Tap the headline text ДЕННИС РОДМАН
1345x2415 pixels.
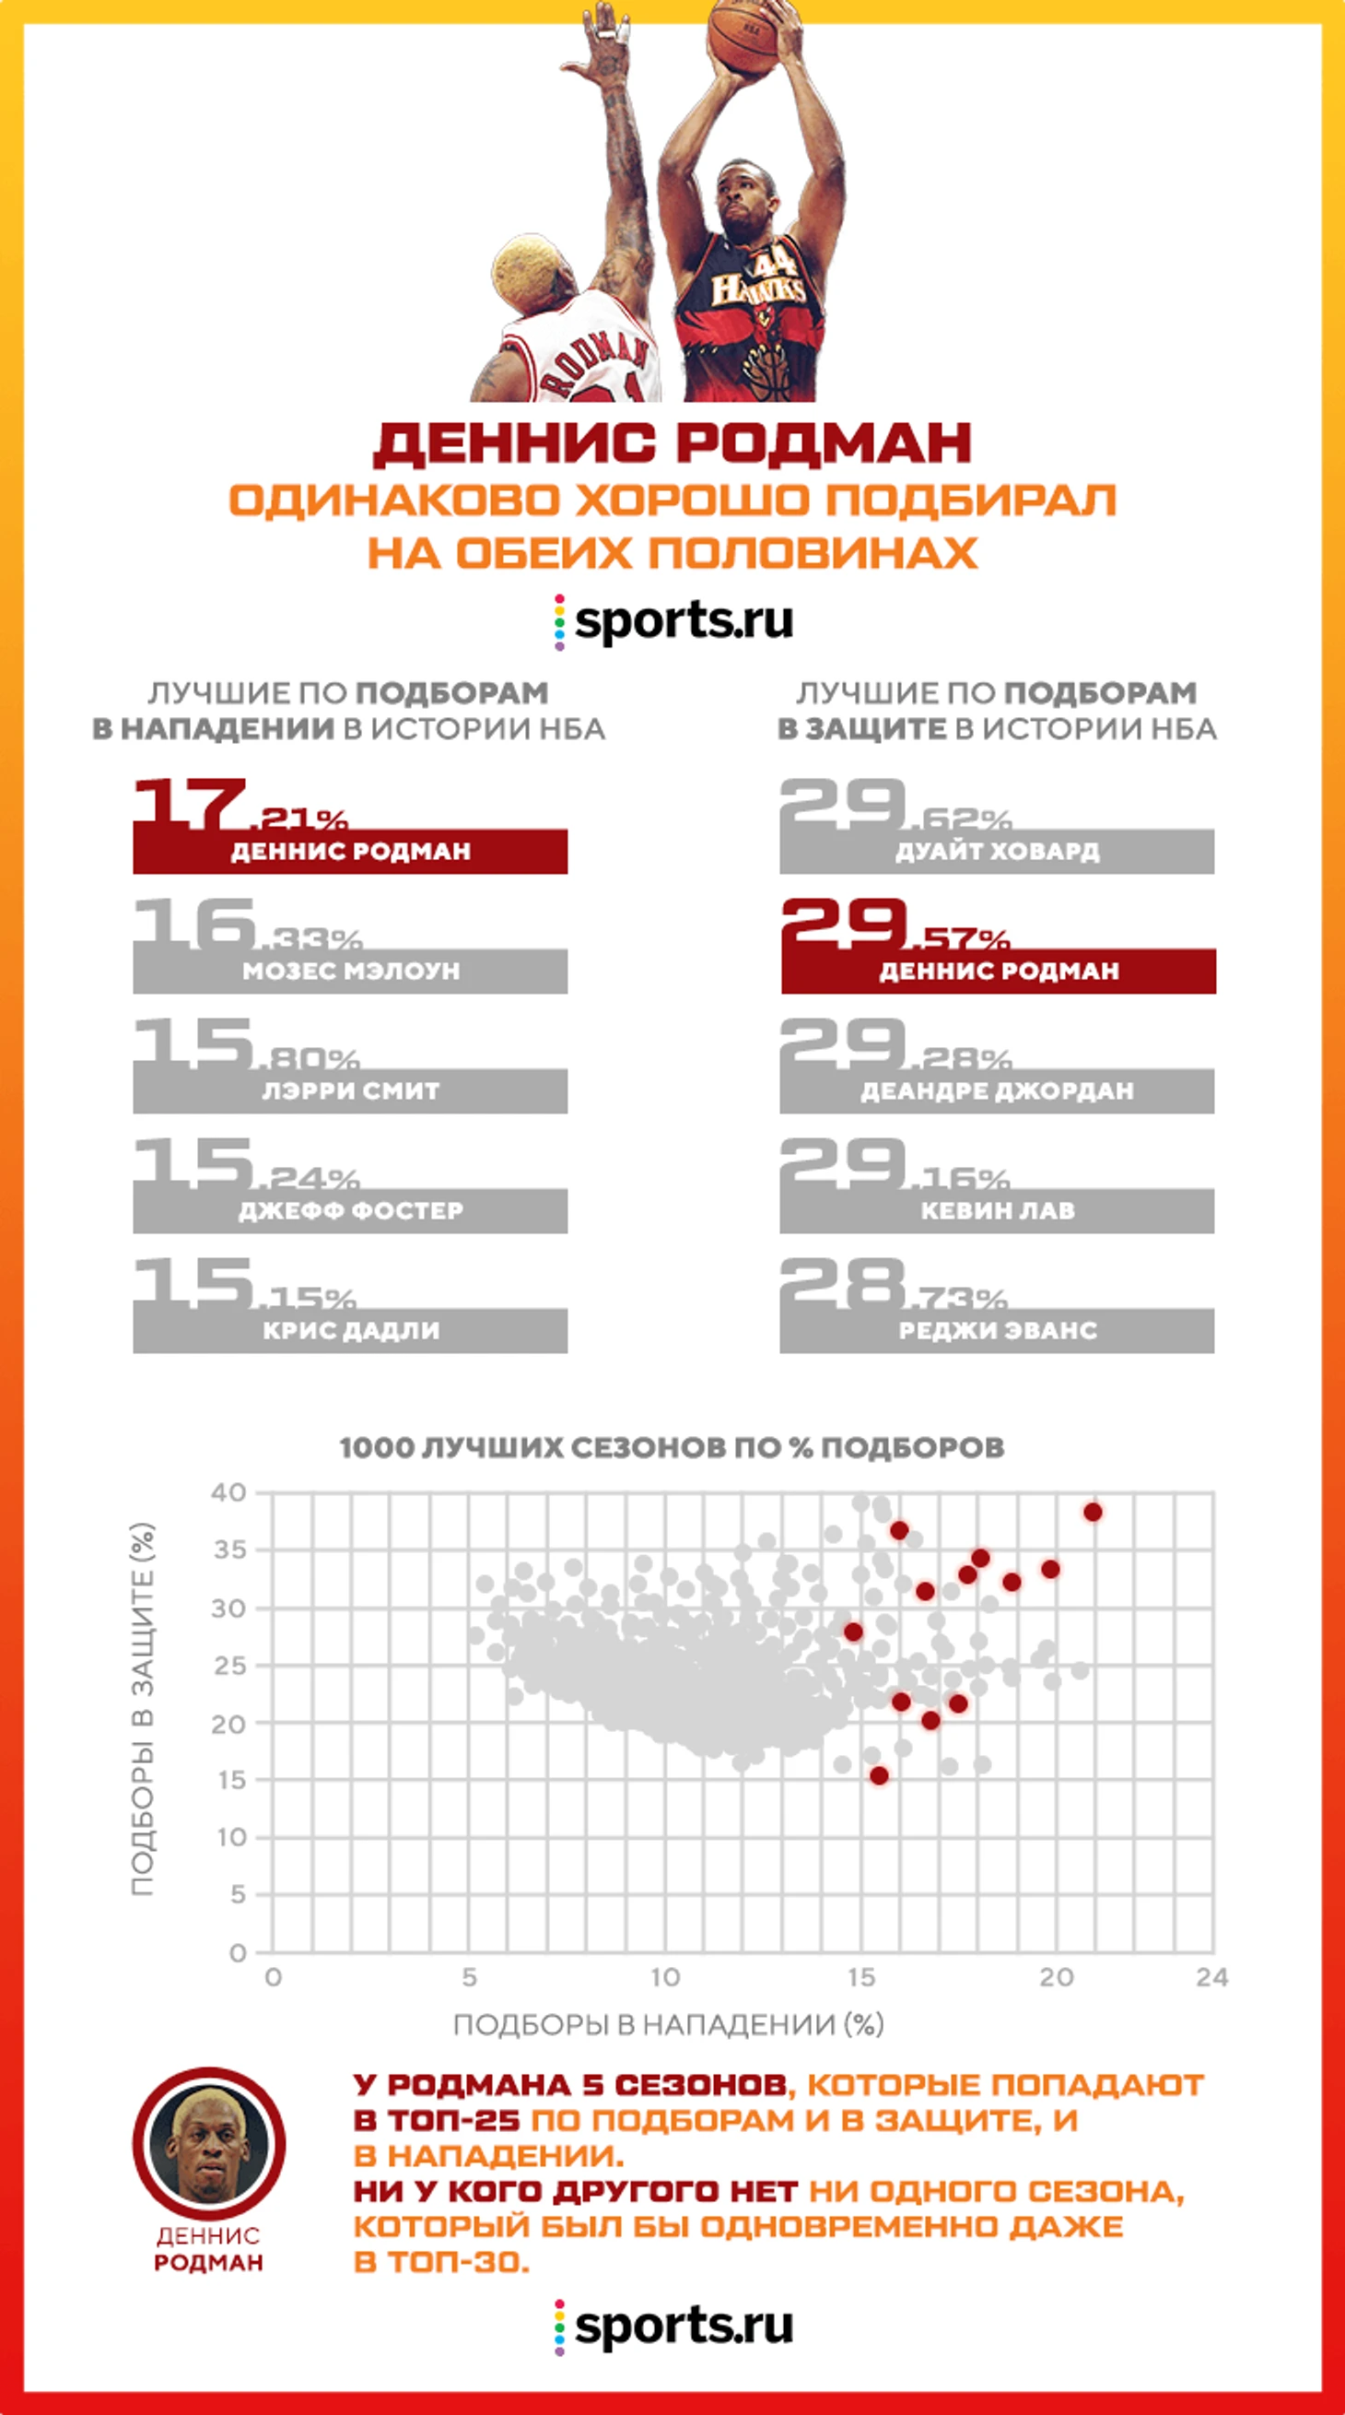pyautogui.click(x=672, y=442)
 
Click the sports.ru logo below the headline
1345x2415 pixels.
pyautogui.click(x=673, y=620)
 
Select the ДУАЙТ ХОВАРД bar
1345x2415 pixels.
pyautogui.click(x=997, y=852)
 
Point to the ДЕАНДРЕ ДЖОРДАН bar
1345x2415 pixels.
pyautogui.click(x=997, y=1090)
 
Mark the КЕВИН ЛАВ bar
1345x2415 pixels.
pyautogui.click(x=997, y=1210)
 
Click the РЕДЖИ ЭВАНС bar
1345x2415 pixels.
pyautogui.click(x=997, y=1330)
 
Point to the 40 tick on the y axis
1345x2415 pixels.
pyautogui.click(x=228, y=1491)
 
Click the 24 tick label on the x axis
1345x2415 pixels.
pyautogui.click(x=1212, y=1977)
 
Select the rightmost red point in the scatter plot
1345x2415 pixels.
pyautogui.click(x=1092, y=1513)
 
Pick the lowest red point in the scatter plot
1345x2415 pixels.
pyautogui.click(x=878, y=1775)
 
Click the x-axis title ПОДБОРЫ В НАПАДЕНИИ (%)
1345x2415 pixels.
pyautogui.click(x=668, y=2025)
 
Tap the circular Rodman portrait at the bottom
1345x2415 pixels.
pyautogui.click(x=208, y=2144)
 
